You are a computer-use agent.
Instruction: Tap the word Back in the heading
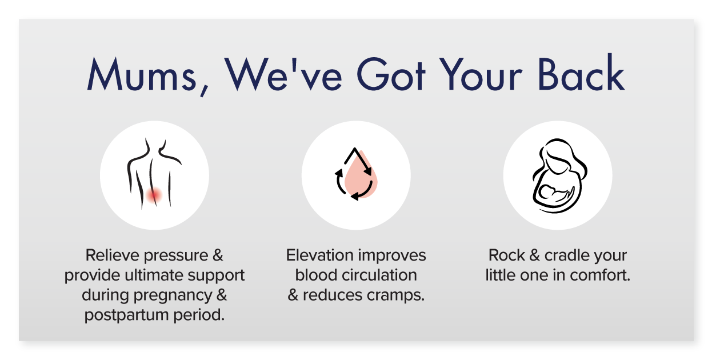(581, 73)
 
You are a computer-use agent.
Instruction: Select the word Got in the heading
(391, 74)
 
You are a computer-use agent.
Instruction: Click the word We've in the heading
(283, 74)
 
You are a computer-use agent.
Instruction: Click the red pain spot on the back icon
(154, 194)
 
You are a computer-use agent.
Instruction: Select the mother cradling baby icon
(559, 175)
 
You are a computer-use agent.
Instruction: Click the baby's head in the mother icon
(546, 192)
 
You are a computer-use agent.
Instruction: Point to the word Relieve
(113, 255)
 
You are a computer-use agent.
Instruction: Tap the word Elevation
(320, 255)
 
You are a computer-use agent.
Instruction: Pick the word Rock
(507, 255)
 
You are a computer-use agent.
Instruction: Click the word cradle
(567, 255)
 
